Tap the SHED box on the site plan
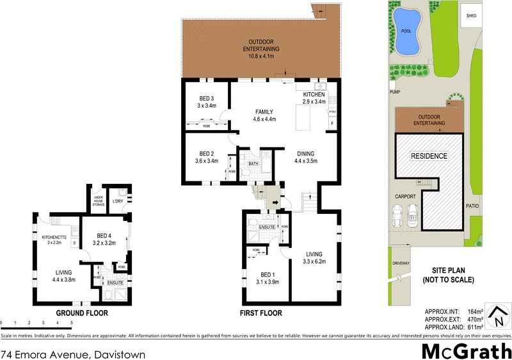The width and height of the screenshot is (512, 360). click(x=472, y=15)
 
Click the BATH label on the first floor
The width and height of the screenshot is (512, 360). click(x=253, y=164)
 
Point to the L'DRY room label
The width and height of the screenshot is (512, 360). click(x=117, y=202)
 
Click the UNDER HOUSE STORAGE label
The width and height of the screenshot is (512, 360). click(x=98, y=200)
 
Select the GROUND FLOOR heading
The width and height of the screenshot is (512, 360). click(x=81, y=313)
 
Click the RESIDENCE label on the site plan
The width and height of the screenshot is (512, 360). click(x=429, y=156)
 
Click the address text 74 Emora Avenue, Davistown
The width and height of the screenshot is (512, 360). click(x=72, y=354)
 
